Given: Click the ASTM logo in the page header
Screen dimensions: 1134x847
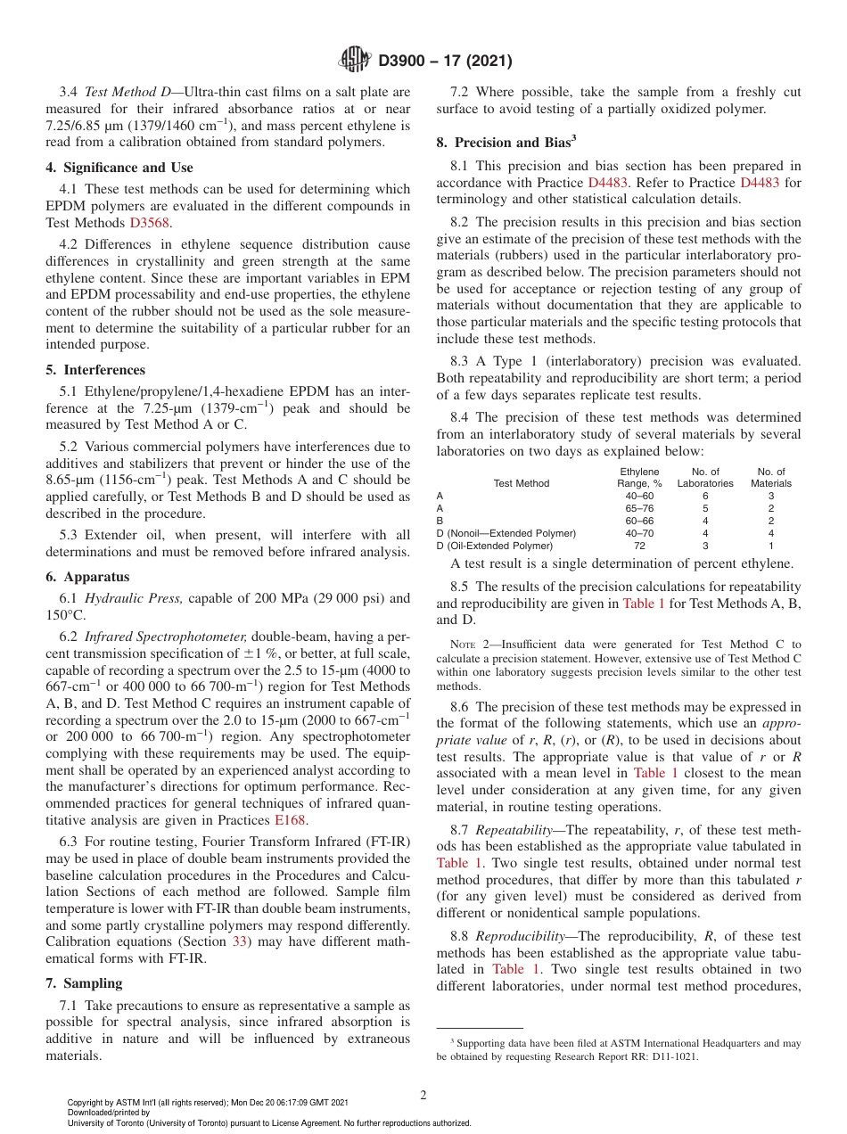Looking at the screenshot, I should (356, 61).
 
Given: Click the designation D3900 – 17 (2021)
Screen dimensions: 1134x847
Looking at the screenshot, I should (445, 62).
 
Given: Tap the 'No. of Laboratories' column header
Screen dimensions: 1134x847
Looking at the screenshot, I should (705, 477).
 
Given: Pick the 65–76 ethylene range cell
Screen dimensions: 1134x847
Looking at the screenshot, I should (638, 507).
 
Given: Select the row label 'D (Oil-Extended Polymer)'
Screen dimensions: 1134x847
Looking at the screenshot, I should (495, 546).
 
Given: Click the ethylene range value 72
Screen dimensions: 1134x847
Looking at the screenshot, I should (639, 546).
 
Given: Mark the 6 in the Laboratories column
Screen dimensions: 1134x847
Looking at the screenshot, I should (705, 495).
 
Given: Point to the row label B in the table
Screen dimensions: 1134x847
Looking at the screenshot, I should (440, 520).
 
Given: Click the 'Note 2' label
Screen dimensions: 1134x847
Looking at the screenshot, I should (466, 645).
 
